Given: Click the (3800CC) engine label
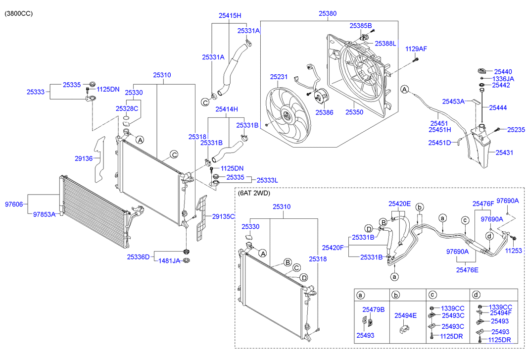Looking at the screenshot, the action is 18,14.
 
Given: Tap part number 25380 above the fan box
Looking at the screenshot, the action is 328,13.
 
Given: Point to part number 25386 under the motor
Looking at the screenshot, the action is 325,112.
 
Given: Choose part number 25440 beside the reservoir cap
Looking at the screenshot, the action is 503,71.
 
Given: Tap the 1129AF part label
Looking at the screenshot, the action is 416,49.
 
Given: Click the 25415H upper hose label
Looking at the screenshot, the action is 230,15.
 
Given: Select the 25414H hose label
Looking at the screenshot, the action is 227,109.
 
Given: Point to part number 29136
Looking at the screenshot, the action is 84,158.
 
